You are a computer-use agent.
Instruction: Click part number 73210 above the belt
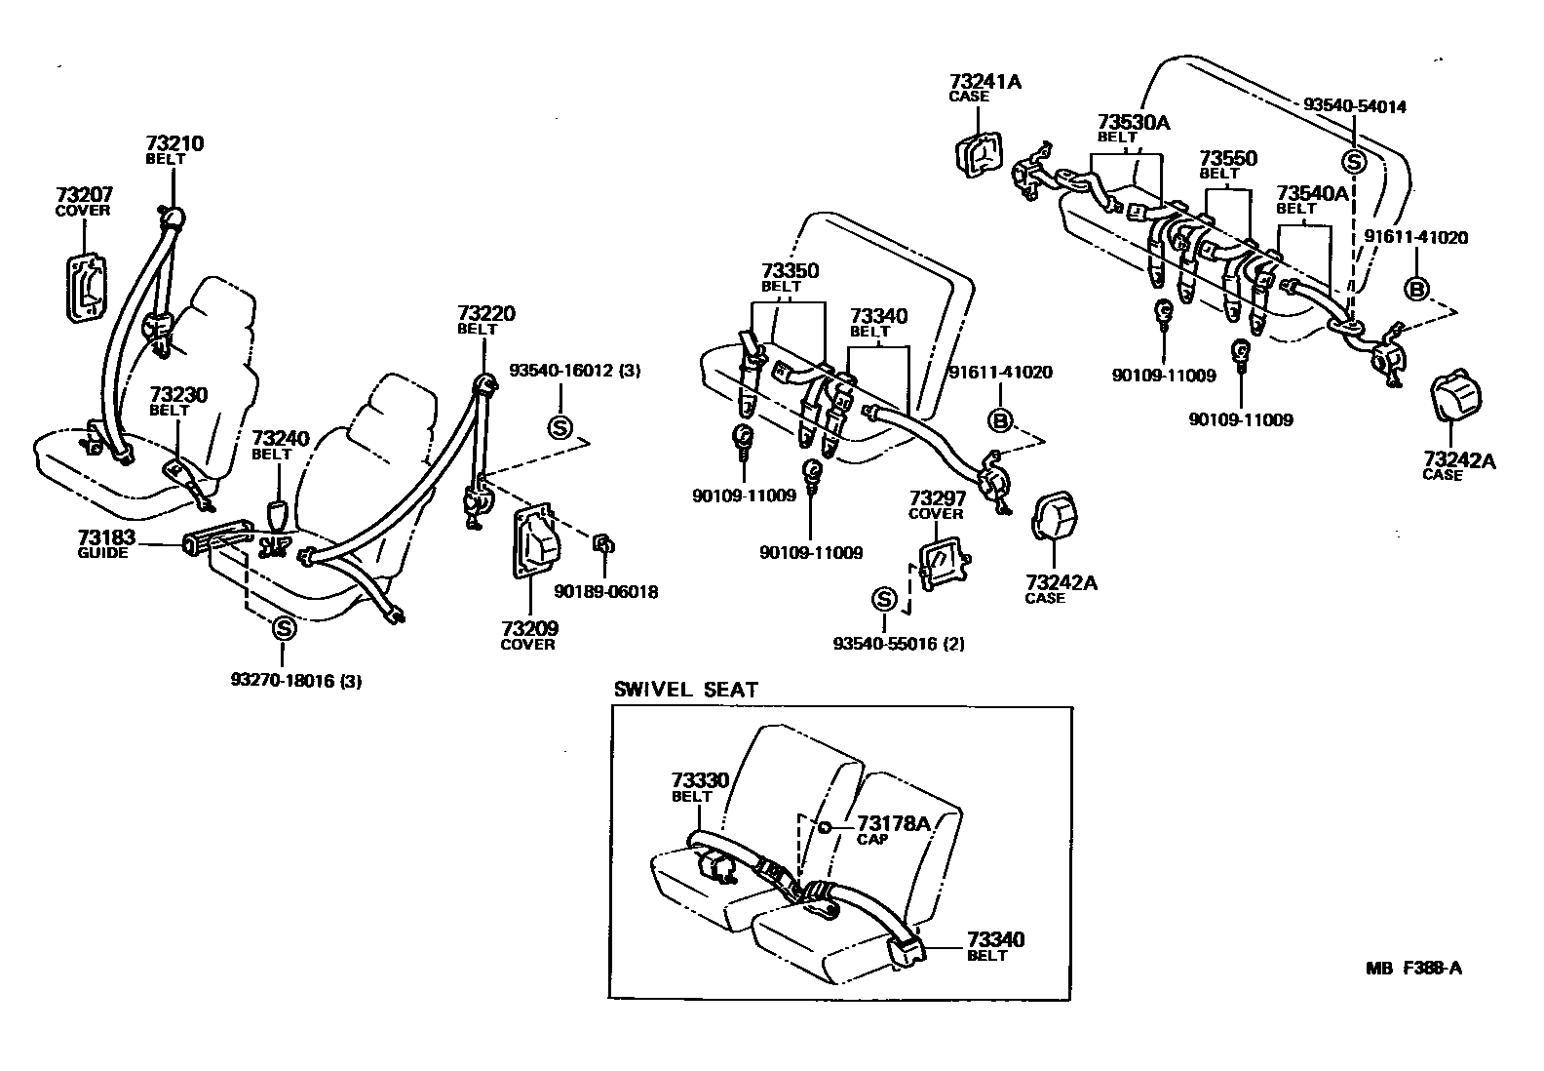[x=175, y=143]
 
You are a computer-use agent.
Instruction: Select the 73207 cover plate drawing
[x=87, y=288]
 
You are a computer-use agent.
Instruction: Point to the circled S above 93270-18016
[x=284, y=628]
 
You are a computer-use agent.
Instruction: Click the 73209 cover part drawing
[x=535, y=543]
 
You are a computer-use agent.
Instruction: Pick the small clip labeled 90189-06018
[x=603, y=543]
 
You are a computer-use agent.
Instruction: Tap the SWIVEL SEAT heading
[x=684, y=689]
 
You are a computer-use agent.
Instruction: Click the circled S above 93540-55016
[x=884, y=599]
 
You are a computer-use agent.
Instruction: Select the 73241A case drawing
[x=977, y=152]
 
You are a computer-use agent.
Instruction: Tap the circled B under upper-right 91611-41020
[x=1416, y=289]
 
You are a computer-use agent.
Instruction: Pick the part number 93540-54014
[x=1355, y=106]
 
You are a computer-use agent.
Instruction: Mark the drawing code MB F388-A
[x=1413, y=969]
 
